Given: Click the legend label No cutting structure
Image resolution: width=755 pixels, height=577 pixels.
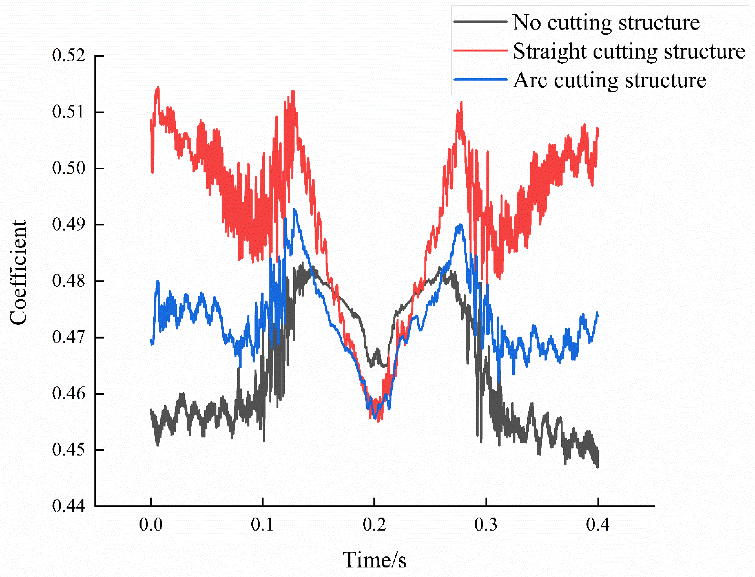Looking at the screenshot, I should click(606, 23).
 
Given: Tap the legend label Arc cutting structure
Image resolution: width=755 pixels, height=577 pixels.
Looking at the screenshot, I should click(609, 80).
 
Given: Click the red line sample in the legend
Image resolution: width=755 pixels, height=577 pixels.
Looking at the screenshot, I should click(480, 50).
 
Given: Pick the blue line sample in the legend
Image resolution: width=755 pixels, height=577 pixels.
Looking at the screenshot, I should click(480, 79).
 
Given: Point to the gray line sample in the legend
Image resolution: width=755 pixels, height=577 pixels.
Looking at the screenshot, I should click(480, 21).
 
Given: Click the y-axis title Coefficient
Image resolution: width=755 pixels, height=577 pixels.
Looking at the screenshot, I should click(18, 272).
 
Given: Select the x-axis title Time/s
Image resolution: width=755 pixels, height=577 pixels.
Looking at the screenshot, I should click(374, 560).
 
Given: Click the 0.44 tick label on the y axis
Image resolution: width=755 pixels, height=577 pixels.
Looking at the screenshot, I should click(68, 506).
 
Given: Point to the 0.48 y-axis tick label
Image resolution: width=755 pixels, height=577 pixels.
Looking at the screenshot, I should click(68, 281).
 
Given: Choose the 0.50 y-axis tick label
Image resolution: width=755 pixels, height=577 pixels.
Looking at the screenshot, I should click(68, 168).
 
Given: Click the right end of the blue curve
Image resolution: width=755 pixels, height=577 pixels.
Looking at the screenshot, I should click(598, 313).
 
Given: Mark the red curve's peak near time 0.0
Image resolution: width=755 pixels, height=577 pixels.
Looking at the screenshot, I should click(158, 88).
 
